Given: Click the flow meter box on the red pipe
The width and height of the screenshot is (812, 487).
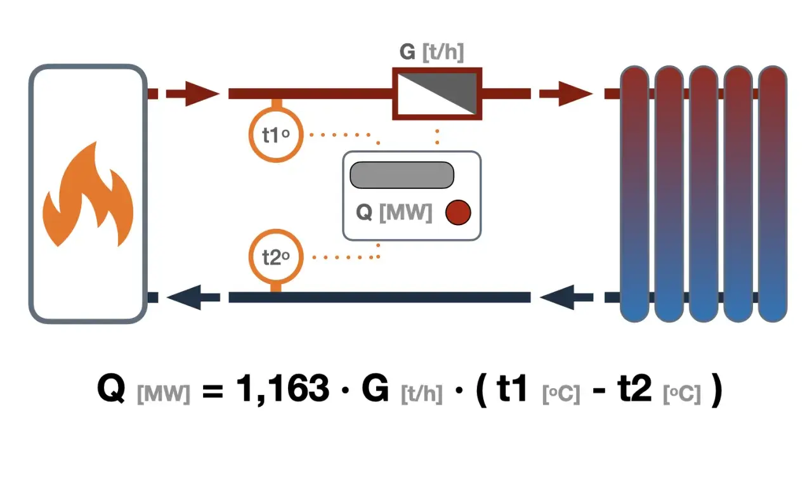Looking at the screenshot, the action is [437, 93].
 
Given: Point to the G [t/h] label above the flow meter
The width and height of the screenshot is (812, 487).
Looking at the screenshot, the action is [432, 52].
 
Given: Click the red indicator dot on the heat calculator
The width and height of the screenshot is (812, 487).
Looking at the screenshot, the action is [458, 212].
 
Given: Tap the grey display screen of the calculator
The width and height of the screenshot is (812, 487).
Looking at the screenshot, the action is [402, 175].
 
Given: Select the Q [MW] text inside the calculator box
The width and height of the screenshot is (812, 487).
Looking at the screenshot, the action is [394, 212].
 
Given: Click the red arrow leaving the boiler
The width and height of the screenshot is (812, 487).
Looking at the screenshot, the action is [193, 93].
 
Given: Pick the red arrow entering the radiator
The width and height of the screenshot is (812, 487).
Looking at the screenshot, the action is [566, 93].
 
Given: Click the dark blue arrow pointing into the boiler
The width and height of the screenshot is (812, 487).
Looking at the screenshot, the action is [193, 297].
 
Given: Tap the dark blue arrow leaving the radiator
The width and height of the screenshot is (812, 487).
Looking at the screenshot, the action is [566, 297].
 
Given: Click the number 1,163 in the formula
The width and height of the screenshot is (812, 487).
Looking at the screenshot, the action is [283, 389].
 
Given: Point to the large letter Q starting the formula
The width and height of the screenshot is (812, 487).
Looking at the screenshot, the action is [111, 389].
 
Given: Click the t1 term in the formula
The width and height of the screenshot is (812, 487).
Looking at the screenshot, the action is [512, 389].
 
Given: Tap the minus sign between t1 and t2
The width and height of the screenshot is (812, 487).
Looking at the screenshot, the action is [599, 392].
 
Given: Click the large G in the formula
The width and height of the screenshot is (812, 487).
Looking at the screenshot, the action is [376, 389].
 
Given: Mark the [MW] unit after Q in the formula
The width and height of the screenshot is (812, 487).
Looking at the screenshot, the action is [164, 394].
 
